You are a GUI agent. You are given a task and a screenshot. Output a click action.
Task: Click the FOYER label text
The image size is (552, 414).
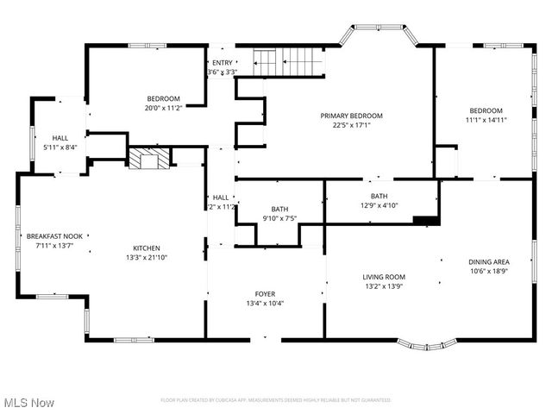pyautogui.click(x=265, y=294)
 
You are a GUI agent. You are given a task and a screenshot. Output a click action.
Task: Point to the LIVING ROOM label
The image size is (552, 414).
pyautogui.click(x=384, y=277)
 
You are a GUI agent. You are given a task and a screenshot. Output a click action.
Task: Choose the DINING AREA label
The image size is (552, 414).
pyautogui.click(x=488, y=262)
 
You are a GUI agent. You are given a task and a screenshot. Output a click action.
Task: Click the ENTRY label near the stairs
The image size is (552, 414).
pyautogui.click(x=222, y=63)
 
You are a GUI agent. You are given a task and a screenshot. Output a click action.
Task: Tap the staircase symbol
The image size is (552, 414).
pyautogui.click(x=287, y=62)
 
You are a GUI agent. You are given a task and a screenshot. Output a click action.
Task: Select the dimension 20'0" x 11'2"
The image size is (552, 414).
pyautogui.click(x=162, y=108)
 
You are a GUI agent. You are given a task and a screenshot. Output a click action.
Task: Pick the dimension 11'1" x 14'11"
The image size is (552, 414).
pyautogui.click(x=486, y=121)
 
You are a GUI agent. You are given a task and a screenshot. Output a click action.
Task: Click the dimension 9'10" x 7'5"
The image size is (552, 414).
pyautogui.click(x=279, y=218)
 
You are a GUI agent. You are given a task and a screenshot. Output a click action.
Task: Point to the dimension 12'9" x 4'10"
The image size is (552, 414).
pyautogui.click(x=379, y=205)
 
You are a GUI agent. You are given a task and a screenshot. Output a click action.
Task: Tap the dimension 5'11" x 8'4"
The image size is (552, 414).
pyautogui.click(x=60, y=147)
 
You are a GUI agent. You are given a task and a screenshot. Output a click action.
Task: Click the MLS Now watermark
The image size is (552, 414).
pyautogui.click(x=28, y=403)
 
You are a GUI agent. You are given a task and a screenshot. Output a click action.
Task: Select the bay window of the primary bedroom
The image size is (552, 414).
pyautogui.click(x=378, y=34)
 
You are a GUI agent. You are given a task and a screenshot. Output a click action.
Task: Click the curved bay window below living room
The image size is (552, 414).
pyautogui.click(x=427, y=346)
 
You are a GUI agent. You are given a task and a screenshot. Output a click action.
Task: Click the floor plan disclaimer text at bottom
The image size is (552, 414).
pyautogui.click(x=275, y=400)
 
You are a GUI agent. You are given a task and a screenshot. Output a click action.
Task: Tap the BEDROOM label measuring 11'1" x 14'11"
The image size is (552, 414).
pyautogui.click(x=486, y=110)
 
